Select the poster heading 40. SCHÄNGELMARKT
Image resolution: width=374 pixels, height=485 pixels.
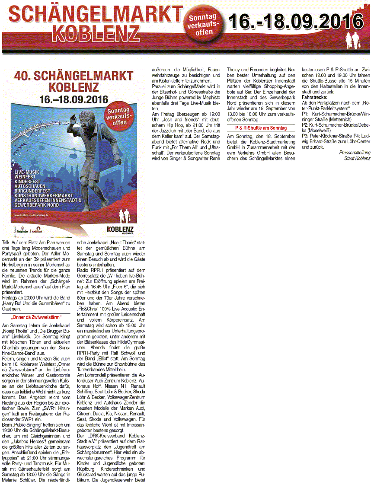pos(74,77)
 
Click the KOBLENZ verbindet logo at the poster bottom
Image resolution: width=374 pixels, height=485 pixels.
pos(120,229)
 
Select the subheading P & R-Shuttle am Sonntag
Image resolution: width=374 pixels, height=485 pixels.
pos(261,128)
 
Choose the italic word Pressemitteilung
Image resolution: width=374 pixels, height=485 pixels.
pos(355,153)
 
